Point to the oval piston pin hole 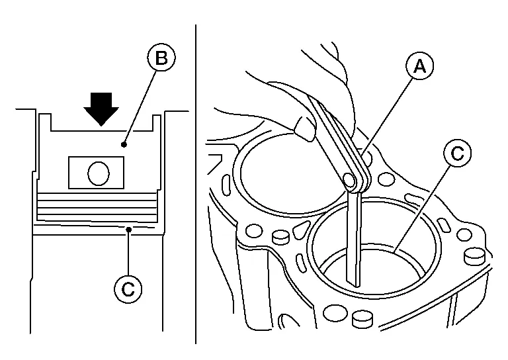[97, 173]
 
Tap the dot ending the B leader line [122, 142]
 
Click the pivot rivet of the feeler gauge [351, 179]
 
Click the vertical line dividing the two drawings [195, 185]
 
